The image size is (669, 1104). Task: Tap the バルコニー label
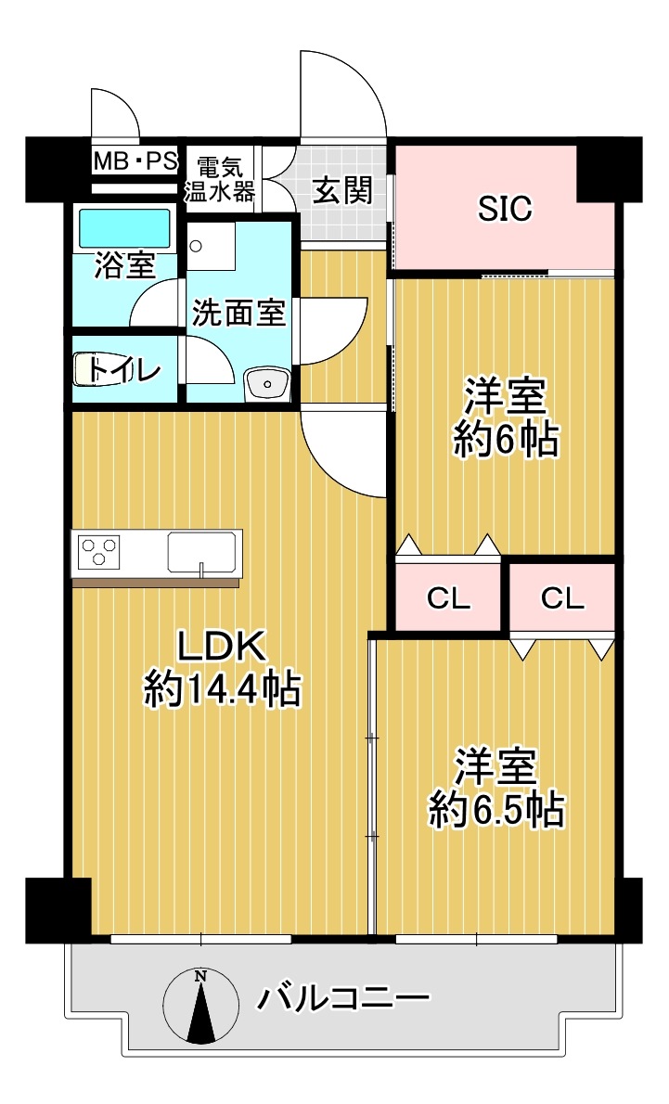(x=343, y=997)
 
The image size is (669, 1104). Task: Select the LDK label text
(x=222, y=647)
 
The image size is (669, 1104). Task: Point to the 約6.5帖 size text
(x=497, y=810)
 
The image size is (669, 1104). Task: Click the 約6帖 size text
(x=506, y=440)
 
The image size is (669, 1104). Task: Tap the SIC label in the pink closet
(x=505, y=208)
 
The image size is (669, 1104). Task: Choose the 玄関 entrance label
(x=342, y=189)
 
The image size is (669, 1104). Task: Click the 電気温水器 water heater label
(x=220, y=180)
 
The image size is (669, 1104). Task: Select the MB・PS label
(x=135, y=162)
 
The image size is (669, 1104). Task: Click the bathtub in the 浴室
(x=125, y=227)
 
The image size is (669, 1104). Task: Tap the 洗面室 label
(x=238, y=312)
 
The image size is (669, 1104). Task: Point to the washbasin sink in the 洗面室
(x=267, y=384)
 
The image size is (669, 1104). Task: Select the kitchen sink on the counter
(x=201, y=551)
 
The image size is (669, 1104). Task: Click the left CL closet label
(x=448, y=599)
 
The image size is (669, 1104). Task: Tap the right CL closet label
(x=562, y=599)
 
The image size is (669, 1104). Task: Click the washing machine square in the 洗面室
(x=212, y=247)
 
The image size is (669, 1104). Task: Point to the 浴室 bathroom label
(x=124, y=267)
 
